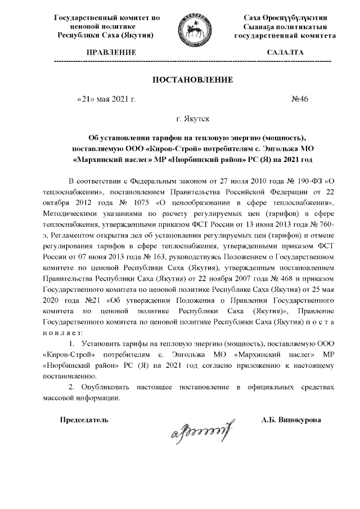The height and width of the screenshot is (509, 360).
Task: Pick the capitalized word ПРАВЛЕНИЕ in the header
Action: click(x=106, y=52)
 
